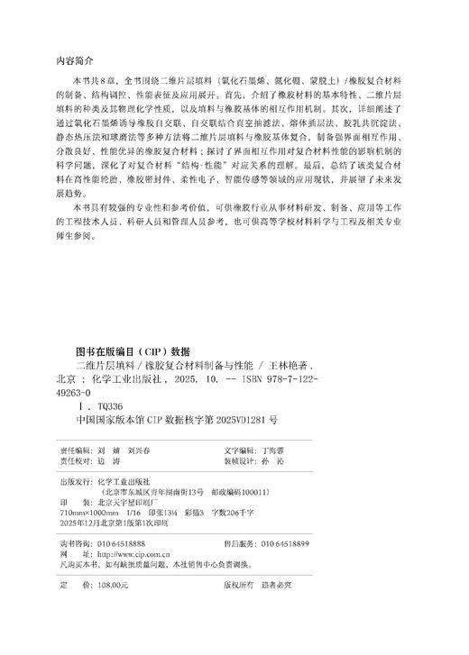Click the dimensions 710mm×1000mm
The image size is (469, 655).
pyautogui.click(x=97, y=516)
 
